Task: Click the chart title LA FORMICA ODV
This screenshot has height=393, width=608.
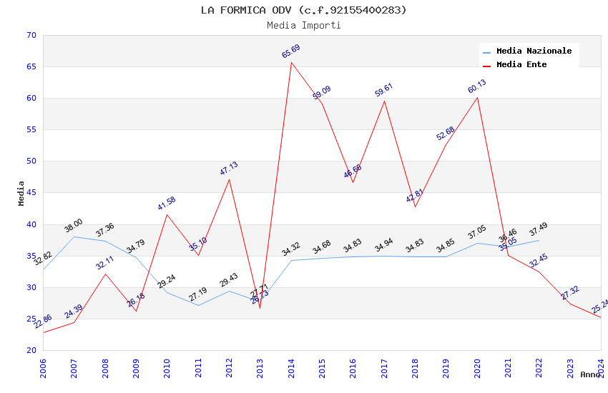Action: pyautogui.click(x=303, y=10)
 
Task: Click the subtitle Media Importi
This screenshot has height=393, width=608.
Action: pyautogui.click(x=303, y=25)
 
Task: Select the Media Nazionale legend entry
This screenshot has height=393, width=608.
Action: pyautogui.click(x=534, y=51)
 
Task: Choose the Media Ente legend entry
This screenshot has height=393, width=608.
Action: pyautogui.click(x=521, y=65)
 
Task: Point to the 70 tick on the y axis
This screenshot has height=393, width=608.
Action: pyautogui.click(x=30, y=36)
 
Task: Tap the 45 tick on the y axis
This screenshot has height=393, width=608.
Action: pyautogui.click(x=30, y=193)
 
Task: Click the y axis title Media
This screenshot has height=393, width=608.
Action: pyautogui.click(x=21, y=193)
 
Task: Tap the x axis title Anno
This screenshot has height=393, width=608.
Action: pyautogui.click(x=590, y=374)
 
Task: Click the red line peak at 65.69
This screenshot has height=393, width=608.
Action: pyautogui.click(x=291, y=62)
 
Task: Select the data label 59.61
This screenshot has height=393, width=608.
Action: pyautogui.click(x=384, y=90)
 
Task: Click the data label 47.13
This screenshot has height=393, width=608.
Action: pyautogui.click(x=229, y=169)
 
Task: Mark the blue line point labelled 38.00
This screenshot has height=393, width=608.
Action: pyautogui.click(x=74, y=237)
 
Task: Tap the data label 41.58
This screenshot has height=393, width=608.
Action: pyautogui.click(x=167, y=204)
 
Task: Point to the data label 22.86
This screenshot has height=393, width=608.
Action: pyautogui.click(x=43, y=322)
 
